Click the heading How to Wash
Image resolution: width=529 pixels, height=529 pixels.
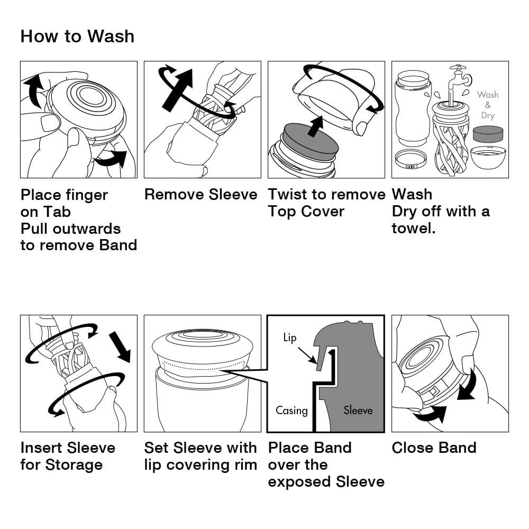[77, 37]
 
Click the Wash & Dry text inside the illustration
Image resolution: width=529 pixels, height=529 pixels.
[487, 105]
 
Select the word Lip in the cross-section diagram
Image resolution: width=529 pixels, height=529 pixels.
[289, 338]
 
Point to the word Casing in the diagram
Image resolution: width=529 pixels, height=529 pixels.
[291, 411]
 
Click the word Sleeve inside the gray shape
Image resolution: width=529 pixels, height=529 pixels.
[358, 410]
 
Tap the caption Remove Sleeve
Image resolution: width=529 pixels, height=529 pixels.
[200, 195]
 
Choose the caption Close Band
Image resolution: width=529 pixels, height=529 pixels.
[434, 448]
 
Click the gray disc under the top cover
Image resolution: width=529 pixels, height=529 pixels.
[311, 141]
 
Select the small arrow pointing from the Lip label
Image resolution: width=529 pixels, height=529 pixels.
[309, 355]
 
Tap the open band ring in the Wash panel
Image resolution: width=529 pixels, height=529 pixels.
[411, 159]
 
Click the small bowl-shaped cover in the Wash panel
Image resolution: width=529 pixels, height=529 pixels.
[488, 158]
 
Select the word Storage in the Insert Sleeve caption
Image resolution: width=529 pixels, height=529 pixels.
[74, 465]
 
